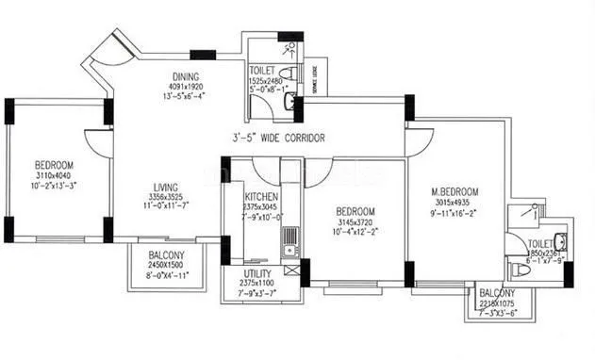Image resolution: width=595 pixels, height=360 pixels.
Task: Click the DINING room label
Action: click(184, 76)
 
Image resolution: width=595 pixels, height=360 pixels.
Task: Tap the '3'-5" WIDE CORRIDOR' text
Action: click(280, 138)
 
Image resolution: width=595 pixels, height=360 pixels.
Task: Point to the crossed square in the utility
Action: click(290, 270)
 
